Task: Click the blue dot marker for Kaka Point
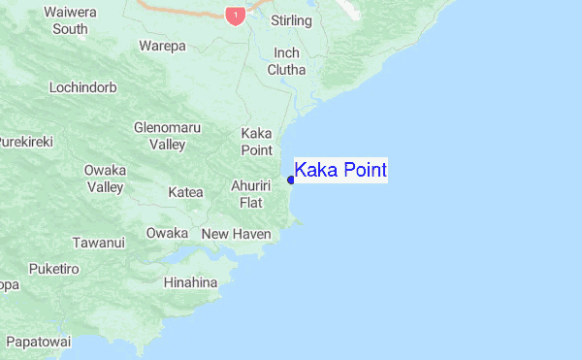tap(291, 180)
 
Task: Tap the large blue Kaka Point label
tap(340, 170)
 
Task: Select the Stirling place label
tap(291, 20)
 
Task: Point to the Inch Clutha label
tap(287, 61)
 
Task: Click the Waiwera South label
tap(70, 20)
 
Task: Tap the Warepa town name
tap(162, 46)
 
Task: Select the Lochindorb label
tap(83, 87)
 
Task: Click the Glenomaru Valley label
tap(160, 136)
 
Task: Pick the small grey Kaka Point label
tap(256, 142)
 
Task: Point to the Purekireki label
tap(25, 142)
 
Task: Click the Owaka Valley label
tap(105, 179)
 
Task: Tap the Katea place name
tap(185, 192)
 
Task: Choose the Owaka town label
tap(167, 233)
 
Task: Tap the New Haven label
tap(237, 234)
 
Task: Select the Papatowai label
tap(39, 342)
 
